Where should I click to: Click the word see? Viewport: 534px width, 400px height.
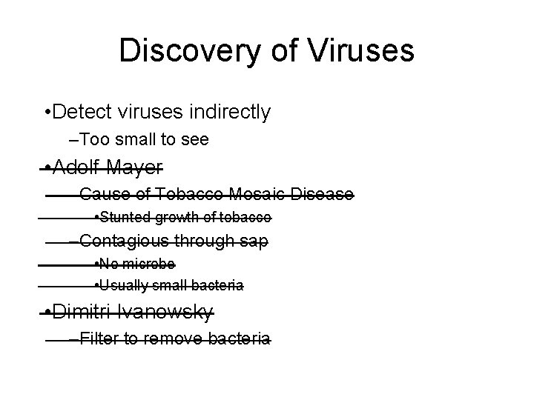pos(195,139)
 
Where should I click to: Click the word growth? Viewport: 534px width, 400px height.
pos(174,217)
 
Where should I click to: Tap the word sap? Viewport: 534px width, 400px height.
pos(253,241)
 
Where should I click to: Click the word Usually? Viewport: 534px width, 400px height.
pos(122,285)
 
